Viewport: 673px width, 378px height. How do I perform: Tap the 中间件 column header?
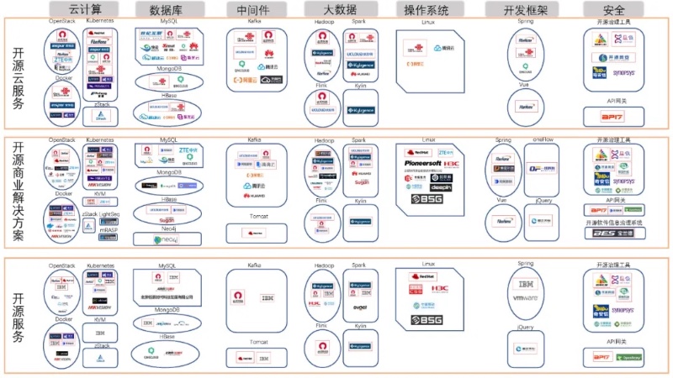tap(248, 9)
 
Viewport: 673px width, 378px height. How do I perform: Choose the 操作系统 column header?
tap(427, 9)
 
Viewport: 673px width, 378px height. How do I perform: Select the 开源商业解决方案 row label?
tap(19, 192)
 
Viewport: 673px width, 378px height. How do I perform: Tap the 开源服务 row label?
tap(19, 312)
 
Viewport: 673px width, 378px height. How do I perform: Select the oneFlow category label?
tap(542, 139)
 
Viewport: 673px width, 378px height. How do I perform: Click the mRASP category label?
tap(109, 228)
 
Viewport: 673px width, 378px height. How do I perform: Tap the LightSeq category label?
tap(109, 214)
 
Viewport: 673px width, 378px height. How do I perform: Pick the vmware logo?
tap(524, 298)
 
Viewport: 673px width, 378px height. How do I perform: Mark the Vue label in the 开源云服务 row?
tap(523, 85)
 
